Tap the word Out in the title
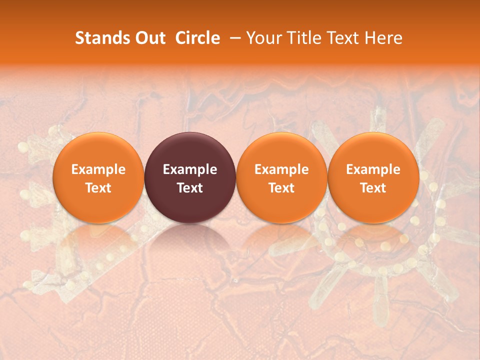coord(149,38)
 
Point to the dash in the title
coord(233,38)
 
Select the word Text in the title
coord(342,38)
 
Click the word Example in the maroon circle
coord(190,169)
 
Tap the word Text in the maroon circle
coord(190,188)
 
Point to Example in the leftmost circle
coord(98,169)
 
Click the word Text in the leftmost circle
coord(98,188)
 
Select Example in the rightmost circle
coord(373,169)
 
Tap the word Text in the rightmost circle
coord(373,188)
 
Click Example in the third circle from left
coord(281,169)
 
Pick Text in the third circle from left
coord(281,188)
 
